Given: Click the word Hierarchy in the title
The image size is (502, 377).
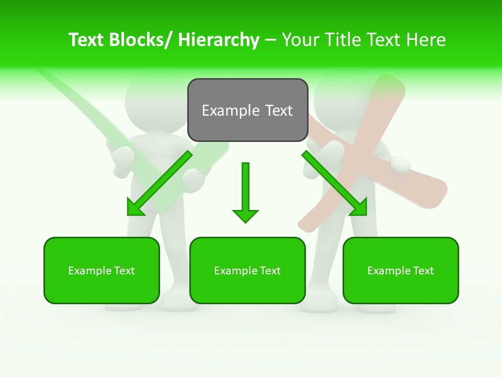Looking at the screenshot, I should coord(219,40).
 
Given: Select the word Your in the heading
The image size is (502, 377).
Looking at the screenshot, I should coord(301,40).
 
